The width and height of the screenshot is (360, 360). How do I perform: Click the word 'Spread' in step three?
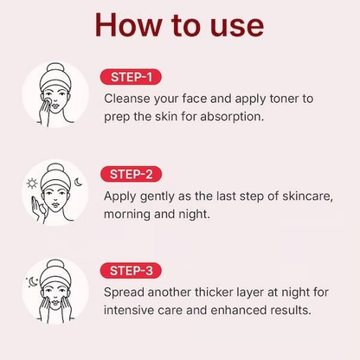tap(125, 292)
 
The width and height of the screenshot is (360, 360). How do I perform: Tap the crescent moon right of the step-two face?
tap(79, 181)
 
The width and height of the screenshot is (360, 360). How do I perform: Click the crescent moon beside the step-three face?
tap(34, 280)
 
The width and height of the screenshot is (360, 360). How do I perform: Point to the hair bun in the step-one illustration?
tap(55, 69)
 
